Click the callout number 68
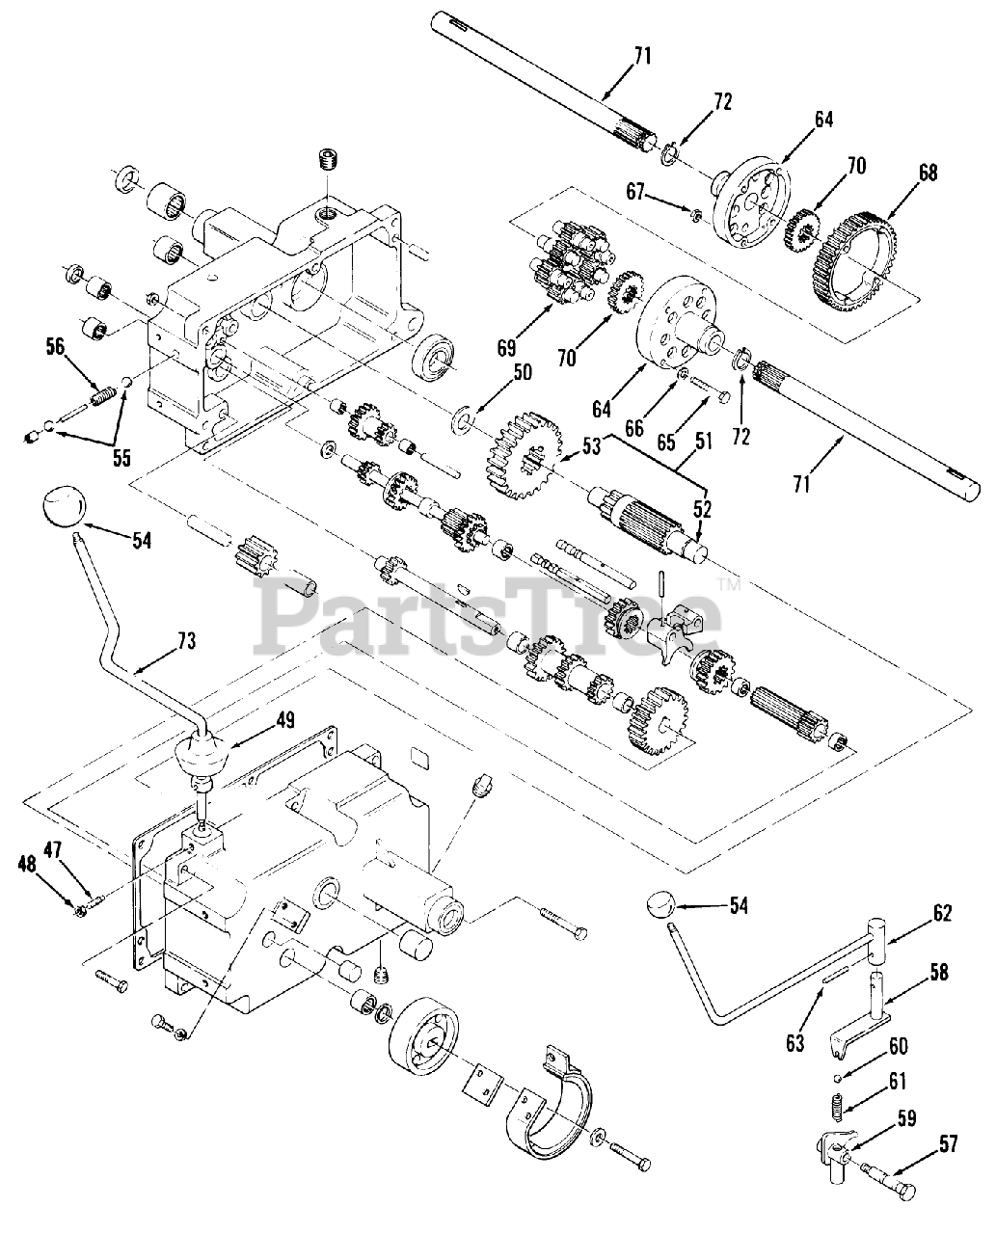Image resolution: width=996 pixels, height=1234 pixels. point(927,174)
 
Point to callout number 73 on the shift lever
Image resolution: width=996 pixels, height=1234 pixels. point(185,640)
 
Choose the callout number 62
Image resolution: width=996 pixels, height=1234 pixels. point(941,913)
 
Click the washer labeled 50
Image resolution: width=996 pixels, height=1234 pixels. point(465,419)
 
